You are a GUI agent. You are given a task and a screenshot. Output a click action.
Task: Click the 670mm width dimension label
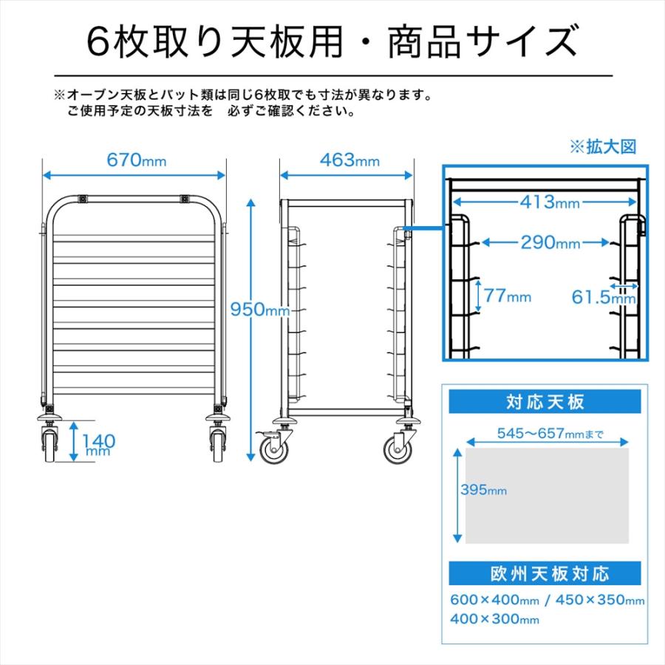point(136,160)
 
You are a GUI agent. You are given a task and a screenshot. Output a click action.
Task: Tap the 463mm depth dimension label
point(349,160)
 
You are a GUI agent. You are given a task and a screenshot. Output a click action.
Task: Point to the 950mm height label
point(259,310)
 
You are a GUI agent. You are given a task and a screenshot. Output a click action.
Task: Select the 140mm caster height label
point(98,444)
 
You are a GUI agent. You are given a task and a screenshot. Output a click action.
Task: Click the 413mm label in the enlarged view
point(550,202)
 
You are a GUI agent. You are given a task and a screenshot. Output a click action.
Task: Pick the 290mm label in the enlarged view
point(550,242)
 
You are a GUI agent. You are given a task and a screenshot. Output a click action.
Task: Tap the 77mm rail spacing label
point(507,295)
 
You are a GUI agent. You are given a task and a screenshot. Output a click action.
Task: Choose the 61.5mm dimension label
point(604,297)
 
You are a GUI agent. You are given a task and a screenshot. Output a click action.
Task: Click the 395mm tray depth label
point(483,490)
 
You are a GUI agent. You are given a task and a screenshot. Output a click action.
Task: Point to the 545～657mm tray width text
point(550,434)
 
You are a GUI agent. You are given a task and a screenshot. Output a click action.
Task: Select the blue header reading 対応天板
point(545,402)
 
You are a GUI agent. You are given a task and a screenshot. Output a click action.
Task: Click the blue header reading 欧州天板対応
point(545,573)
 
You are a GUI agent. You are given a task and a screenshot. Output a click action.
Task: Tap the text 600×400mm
point(494,600)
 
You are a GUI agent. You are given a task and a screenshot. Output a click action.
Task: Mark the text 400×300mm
point(494,618)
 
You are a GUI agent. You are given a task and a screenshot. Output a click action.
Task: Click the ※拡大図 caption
point(603,147)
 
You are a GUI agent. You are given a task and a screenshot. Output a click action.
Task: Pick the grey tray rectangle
point(547,496)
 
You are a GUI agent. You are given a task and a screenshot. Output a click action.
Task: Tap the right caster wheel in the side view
point(398,449)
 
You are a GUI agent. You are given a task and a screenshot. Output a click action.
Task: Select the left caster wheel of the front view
point(50,446)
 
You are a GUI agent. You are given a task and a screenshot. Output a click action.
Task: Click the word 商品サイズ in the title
point(482,41)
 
